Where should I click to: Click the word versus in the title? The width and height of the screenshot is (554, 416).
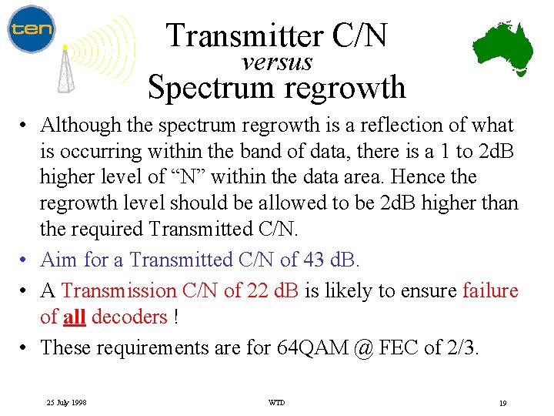277,62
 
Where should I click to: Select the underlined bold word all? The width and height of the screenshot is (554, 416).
74,317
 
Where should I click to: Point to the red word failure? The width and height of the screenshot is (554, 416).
491,290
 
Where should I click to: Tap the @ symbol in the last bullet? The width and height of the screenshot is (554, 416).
365,347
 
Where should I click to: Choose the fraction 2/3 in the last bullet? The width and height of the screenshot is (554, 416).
462,347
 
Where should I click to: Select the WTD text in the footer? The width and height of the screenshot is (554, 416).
276,403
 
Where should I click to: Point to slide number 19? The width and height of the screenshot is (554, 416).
502,403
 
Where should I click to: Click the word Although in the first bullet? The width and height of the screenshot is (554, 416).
78,125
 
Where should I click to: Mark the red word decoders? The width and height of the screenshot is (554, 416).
129,317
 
